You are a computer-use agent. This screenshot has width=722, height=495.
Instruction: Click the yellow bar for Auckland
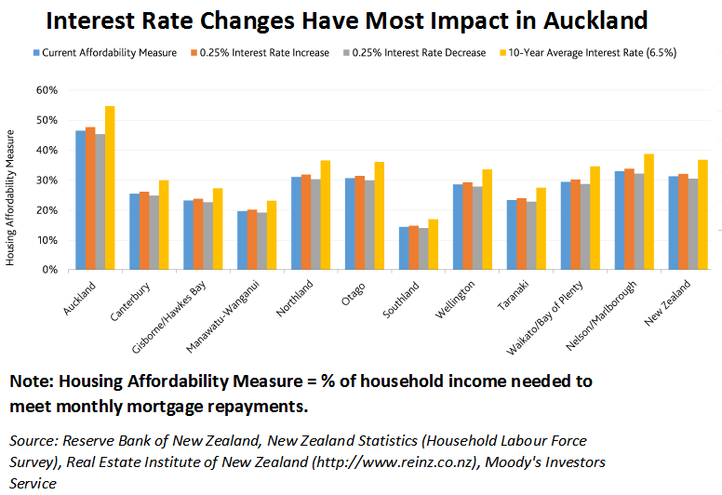tap(111, 188)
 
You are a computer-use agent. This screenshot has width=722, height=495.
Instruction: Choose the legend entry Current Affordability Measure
tap(109, 53)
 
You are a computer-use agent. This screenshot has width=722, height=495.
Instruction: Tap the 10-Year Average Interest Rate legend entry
tap(591, 53)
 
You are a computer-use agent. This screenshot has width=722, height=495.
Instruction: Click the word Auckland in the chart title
tap(588, 20)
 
